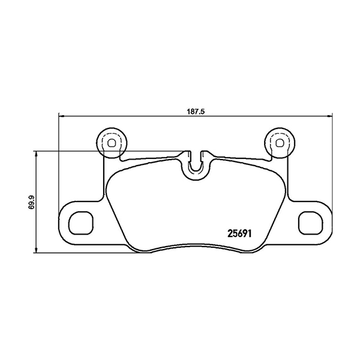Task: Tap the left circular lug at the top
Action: point(110,143)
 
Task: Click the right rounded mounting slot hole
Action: point(311,223)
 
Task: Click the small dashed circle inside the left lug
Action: point(110,142)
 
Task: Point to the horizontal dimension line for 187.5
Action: point(132,116)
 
